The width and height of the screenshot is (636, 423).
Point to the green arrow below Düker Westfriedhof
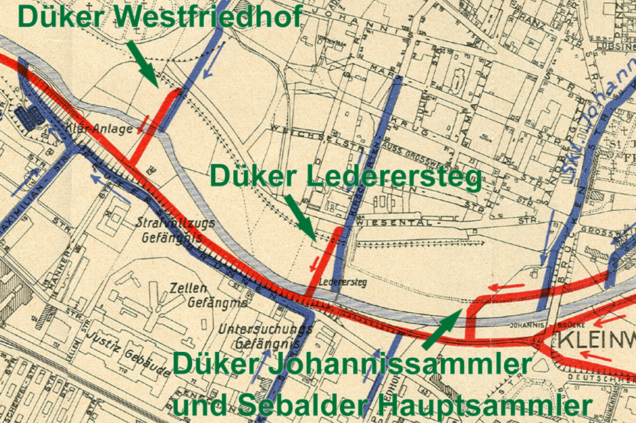[x=142, y=62]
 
